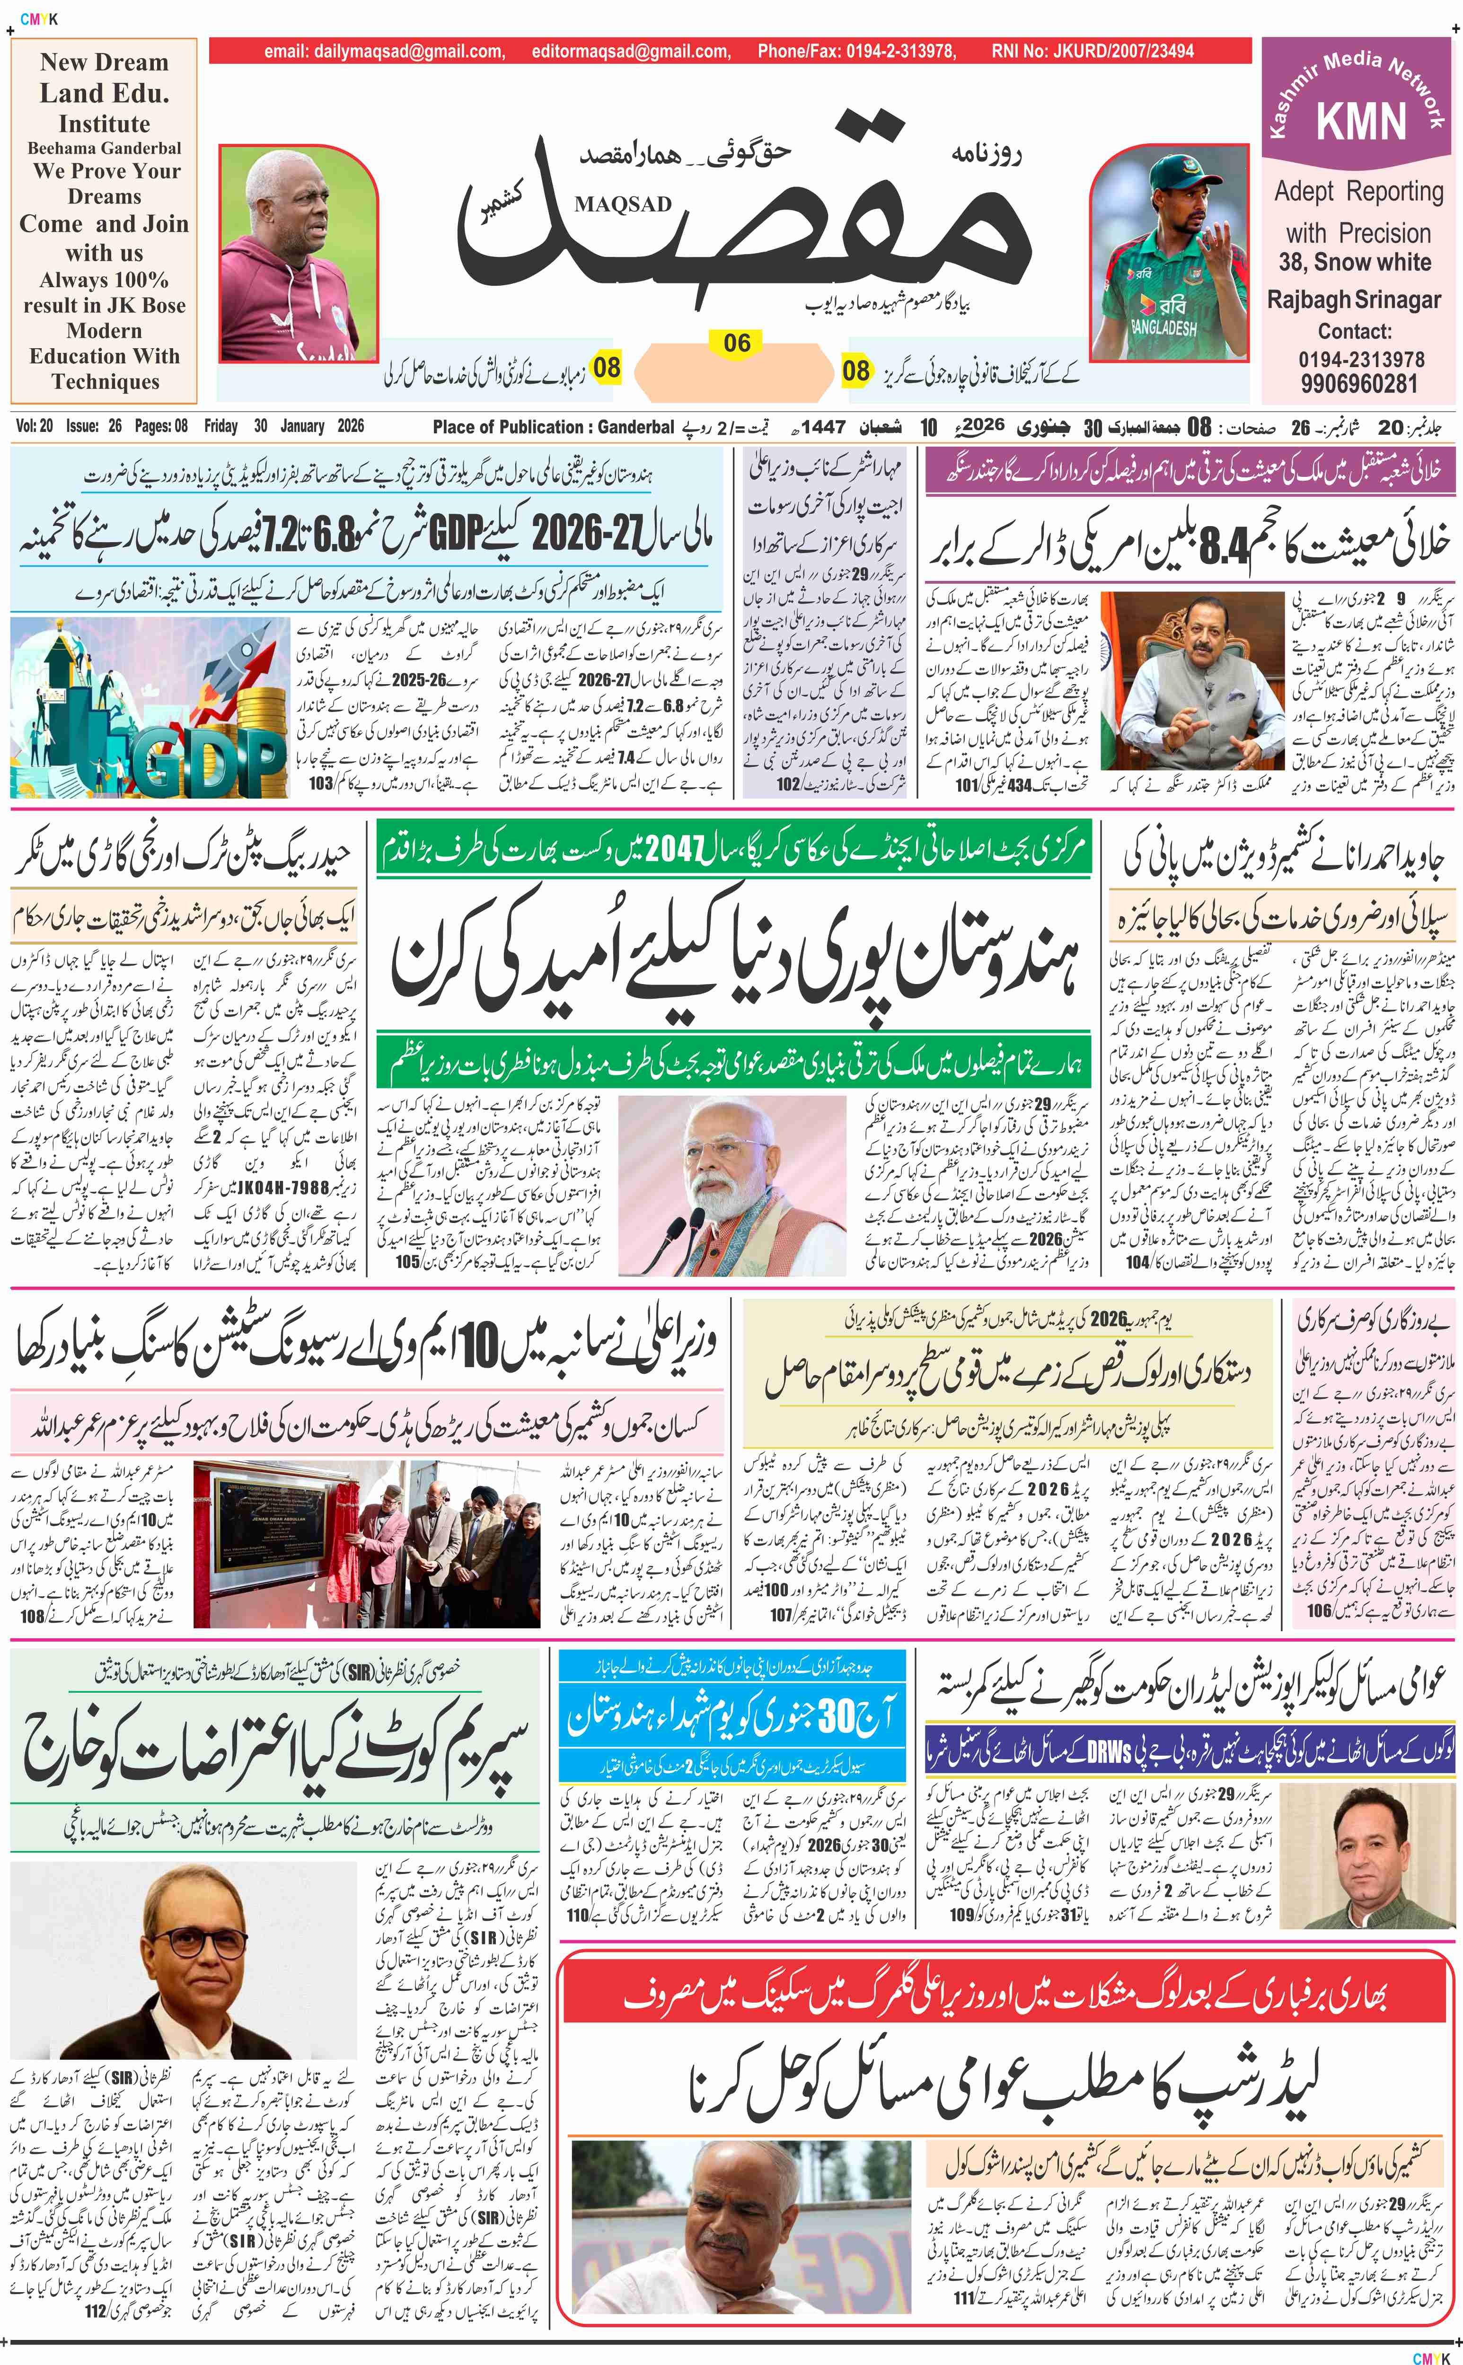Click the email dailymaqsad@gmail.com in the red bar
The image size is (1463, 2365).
pyautogui.click(x=384, y=51)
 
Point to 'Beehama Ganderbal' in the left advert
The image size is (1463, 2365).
pyautogui.click(x=105, y=148)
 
